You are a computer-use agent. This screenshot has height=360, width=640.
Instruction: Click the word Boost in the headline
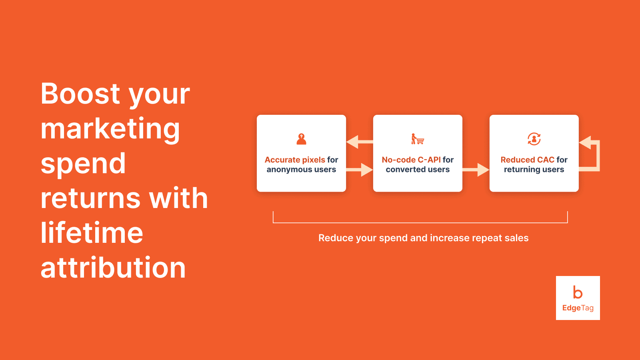(x=80, y=94)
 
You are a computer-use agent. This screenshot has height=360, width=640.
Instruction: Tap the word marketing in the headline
(x=110, y=129)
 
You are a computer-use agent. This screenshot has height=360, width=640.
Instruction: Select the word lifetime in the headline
(x=92, y=233)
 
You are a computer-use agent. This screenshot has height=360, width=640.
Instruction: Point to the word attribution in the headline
(x=113, y=268)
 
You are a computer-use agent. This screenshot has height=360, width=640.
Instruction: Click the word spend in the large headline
(x=83, y=164)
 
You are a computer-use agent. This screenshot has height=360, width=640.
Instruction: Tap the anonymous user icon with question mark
(x=301, y=139)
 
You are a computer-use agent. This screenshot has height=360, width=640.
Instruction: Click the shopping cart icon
(x=418, y=139)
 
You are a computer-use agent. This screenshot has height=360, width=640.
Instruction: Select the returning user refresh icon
(x=534, y=139)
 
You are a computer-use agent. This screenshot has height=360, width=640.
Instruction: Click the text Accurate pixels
(x=295, y=160)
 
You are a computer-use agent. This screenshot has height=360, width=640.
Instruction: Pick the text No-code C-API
(x=411, y=160)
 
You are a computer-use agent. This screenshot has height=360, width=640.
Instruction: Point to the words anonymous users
(x=301, y=170)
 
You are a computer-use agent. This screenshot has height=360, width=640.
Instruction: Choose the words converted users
(x=418, y=170)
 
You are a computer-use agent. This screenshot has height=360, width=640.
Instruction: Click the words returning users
(x=534, y=170)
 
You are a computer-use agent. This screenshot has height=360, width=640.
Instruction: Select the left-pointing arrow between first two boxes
(x=358, y=142)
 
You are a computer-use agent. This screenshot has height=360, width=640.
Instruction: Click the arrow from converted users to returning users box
(x=476, y=170)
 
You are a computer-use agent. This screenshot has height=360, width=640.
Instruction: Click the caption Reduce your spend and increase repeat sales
(x=423, y=238)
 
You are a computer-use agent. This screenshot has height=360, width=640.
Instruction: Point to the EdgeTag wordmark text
(x=578, y=308)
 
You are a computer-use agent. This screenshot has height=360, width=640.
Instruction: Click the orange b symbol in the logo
(x=578, y=292)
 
